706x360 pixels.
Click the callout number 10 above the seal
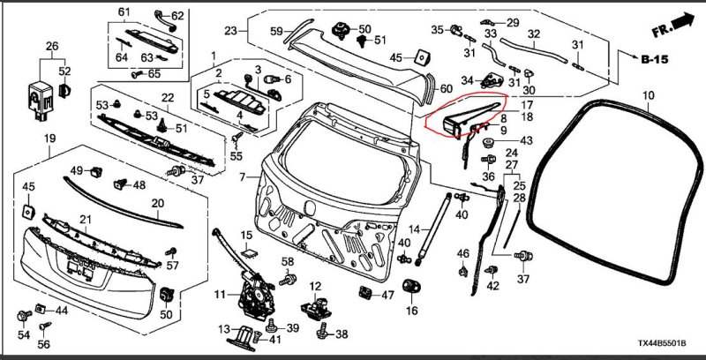648,94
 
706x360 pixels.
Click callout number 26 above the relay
52,46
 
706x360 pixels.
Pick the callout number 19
50,139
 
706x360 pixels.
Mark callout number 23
231,31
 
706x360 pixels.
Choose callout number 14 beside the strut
425,229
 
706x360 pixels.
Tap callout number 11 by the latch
220,292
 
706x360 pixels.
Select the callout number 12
315,287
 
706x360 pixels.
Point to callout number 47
387,295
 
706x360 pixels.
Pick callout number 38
342,334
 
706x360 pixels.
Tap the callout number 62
176,17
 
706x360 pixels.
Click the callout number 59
275,32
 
